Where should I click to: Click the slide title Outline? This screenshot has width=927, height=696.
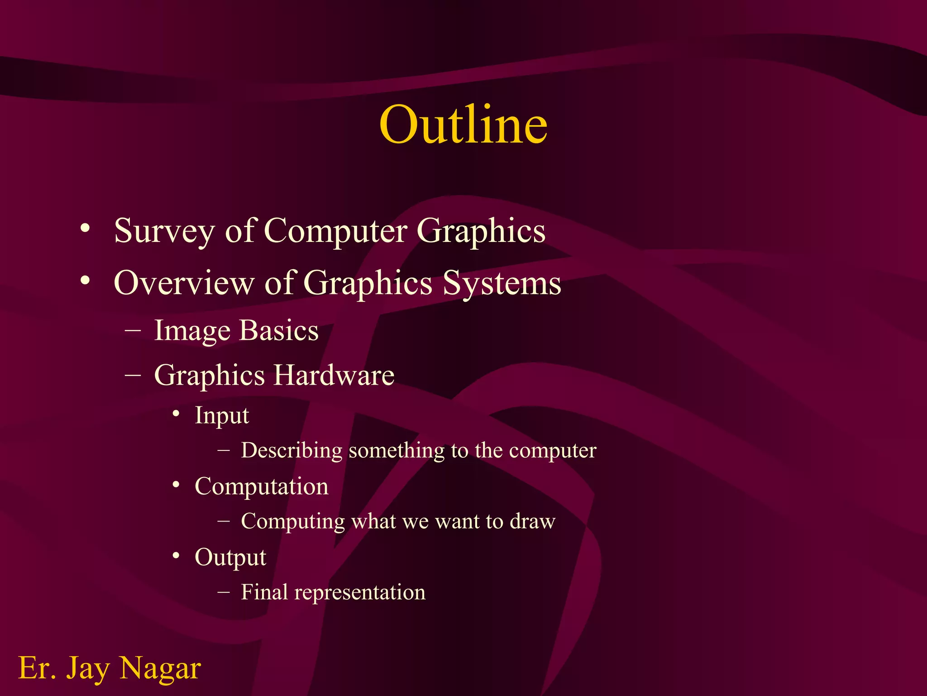463,124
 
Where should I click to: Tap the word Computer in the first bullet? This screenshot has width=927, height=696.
335,231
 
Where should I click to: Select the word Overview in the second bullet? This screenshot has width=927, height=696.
184,283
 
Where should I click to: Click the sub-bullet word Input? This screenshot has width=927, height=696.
221,416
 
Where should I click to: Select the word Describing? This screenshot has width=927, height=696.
291,450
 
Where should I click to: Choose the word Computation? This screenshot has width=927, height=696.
261,486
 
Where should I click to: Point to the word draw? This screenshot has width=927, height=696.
532,521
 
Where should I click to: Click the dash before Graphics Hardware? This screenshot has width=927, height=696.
133,376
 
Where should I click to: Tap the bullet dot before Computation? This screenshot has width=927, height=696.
176,485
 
